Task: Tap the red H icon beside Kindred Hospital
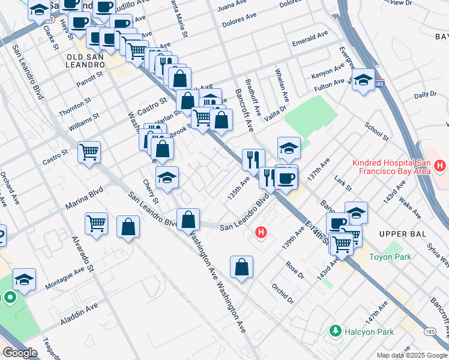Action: point(440,164)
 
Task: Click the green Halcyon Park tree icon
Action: point(335,331)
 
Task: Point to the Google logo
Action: point(20,353)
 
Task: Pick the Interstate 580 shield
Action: point(378,83)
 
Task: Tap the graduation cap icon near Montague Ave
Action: point(24,279)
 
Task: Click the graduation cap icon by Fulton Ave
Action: point(363,79)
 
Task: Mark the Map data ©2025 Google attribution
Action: point(411,355)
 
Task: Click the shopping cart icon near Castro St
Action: point(89,152)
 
